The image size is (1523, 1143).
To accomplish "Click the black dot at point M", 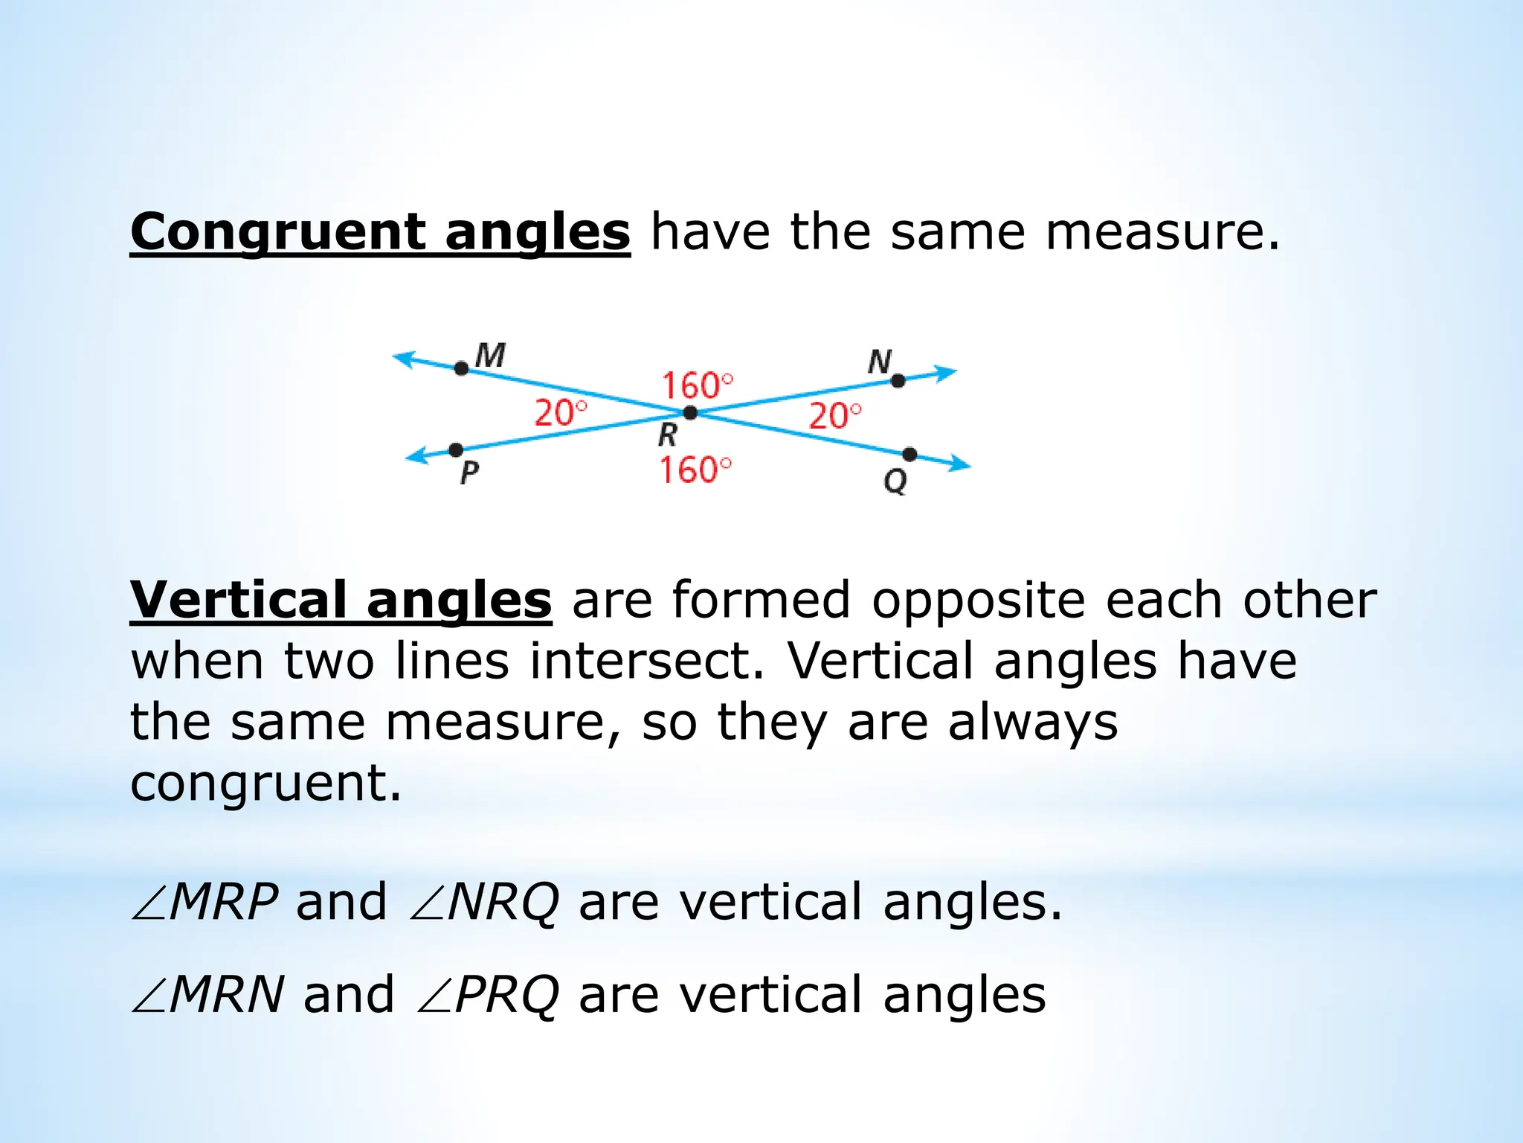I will (x=462, y=368).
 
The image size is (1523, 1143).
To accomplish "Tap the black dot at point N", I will (x=898, y=381).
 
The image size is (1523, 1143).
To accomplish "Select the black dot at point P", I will (x=456, y=450).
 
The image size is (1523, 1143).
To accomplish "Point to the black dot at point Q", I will (x=909, y=455).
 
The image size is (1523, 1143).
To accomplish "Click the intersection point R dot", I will (x=690, y=412).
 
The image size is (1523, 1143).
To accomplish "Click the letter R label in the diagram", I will (x=668, y=434).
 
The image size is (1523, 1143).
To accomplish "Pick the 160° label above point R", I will (x=697, y=386).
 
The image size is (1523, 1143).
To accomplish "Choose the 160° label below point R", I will (x=695, y=470).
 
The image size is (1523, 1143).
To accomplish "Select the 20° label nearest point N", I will (x=835, y=416).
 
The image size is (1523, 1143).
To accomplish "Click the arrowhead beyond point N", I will (x=947, y=372).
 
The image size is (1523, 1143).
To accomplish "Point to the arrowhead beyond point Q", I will (x=961, y=466).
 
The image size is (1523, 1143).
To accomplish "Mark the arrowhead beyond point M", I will (x=403, y=358).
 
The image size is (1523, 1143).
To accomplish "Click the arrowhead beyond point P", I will (x=416, y=456).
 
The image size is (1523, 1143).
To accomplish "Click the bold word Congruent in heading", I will (x=278, y=232).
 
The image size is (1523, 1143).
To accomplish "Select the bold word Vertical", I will (x=238, y=601).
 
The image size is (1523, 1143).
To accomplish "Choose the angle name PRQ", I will (x=506, y=995).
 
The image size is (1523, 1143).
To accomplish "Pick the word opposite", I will (x=978, y=601).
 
